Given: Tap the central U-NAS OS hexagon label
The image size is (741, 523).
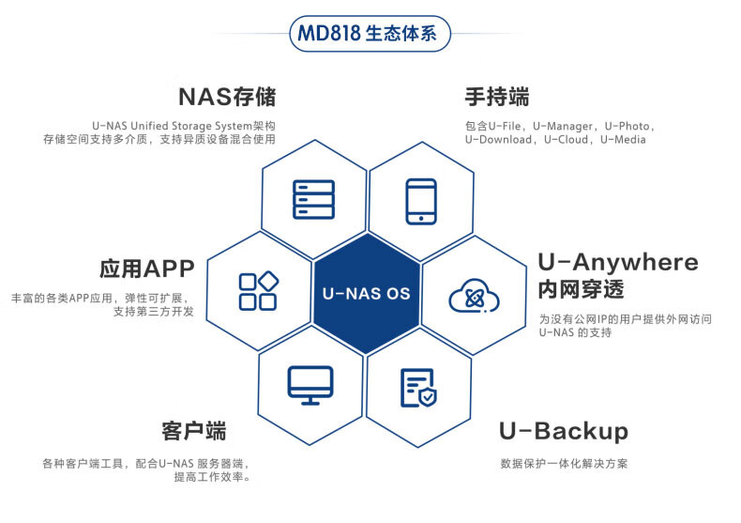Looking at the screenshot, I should pos(366,294).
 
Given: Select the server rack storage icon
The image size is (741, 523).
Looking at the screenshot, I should pos(313,200).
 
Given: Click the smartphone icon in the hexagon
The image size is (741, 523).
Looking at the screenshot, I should pos(421,201).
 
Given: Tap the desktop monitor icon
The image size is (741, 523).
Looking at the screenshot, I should pos(310,385).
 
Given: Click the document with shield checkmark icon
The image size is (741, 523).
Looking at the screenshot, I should pos(417,387).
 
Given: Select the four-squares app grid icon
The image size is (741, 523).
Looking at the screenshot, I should pos(258,291).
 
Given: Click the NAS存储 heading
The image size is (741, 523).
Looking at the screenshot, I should pos(227,97).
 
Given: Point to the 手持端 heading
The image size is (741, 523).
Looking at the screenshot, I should pos(496,97).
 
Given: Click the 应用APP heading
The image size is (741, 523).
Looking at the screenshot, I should pos(147,269).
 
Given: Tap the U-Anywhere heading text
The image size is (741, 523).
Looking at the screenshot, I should pos(617,262).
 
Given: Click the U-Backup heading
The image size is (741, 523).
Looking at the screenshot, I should pos(563,431).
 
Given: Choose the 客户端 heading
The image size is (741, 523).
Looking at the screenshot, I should pos(194,431).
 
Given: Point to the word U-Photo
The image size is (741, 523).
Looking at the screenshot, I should pos(628,125).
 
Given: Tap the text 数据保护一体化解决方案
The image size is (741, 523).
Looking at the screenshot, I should pos(564,464).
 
